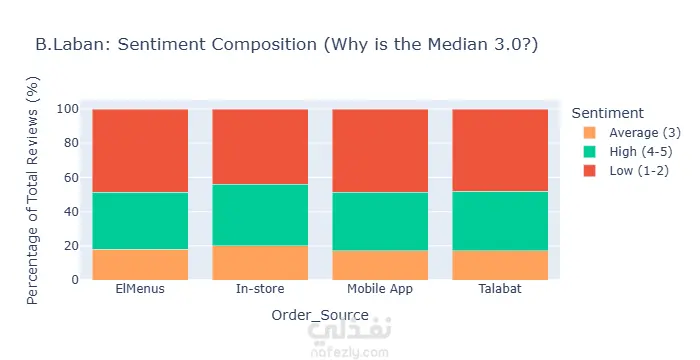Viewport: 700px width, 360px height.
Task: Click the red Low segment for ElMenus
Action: (140, 151)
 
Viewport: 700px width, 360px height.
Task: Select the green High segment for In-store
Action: (260, 215)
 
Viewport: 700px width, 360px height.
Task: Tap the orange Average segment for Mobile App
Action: (380, 265)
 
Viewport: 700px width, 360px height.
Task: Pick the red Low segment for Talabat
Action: (500, 150)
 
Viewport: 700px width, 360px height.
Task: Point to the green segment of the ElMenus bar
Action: (140, 221)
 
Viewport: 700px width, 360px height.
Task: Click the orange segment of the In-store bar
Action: (260, 263)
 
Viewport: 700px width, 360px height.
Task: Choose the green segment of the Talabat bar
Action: (500, 221)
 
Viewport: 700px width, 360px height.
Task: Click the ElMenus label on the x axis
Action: (140, 289)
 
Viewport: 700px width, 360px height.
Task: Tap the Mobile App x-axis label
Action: (380, 289)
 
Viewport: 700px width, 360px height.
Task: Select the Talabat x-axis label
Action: (500, 289)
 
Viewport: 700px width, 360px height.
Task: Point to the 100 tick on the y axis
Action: (68, 109)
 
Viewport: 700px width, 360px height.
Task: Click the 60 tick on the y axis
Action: (71, 177)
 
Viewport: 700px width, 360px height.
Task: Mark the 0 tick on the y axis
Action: (75, 280)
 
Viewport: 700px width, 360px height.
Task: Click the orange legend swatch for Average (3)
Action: (589, 133)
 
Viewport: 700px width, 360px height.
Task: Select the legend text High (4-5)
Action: (641, 152)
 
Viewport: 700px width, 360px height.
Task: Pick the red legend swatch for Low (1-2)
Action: (589, 171)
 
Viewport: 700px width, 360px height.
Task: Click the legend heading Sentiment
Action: (608, 113)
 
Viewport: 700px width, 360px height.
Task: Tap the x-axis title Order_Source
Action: (320, 315)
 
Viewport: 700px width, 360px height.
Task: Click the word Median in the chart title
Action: (454, 45)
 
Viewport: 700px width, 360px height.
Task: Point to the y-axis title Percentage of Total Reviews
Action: (33, 191)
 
